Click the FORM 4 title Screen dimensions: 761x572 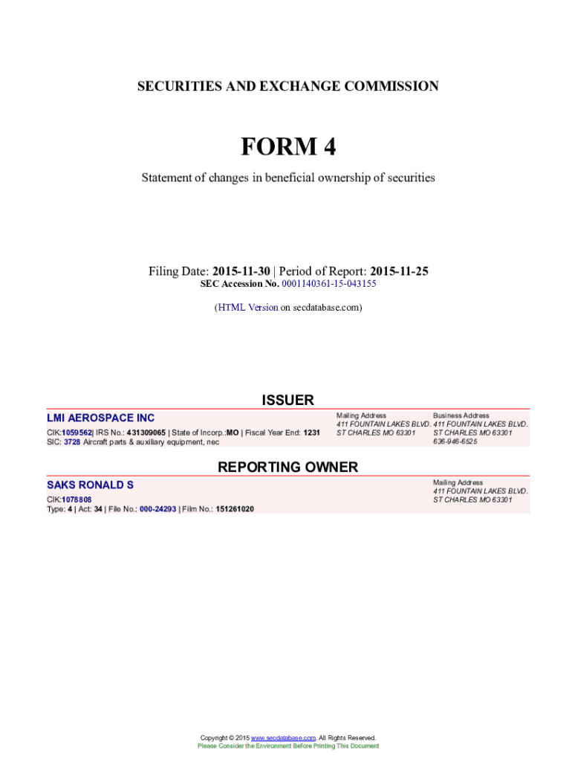point(287,147)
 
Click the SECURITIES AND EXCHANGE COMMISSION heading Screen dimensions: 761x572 point(287,86)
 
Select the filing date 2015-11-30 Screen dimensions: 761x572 point(241,271)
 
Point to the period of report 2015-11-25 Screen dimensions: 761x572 point(399,271)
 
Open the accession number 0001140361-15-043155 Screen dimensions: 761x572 point(328,284)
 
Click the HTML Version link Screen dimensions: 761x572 point(247,307)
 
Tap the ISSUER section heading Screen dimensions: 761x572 point(287,401)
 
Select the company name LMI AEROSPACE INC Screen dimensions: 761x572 point(101,418)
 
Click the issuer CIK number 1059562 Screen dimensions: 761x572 point(77,433)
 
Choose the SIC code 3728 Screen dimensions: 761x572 point(71,442)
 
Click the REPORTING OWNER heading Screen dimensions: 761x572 point(287,467)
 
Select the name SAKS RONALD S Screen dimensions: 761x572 point(91,485)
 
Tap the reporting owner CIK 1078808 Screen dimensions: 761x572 point(77,499)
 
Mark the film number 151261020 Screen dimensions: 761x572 point(235,509)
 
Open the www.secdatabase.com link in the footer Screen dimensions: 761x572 point(284,738)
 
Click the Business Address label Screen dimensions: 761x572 point(461,415)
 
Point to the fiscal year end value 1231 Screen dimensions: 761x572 point(312,433)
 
